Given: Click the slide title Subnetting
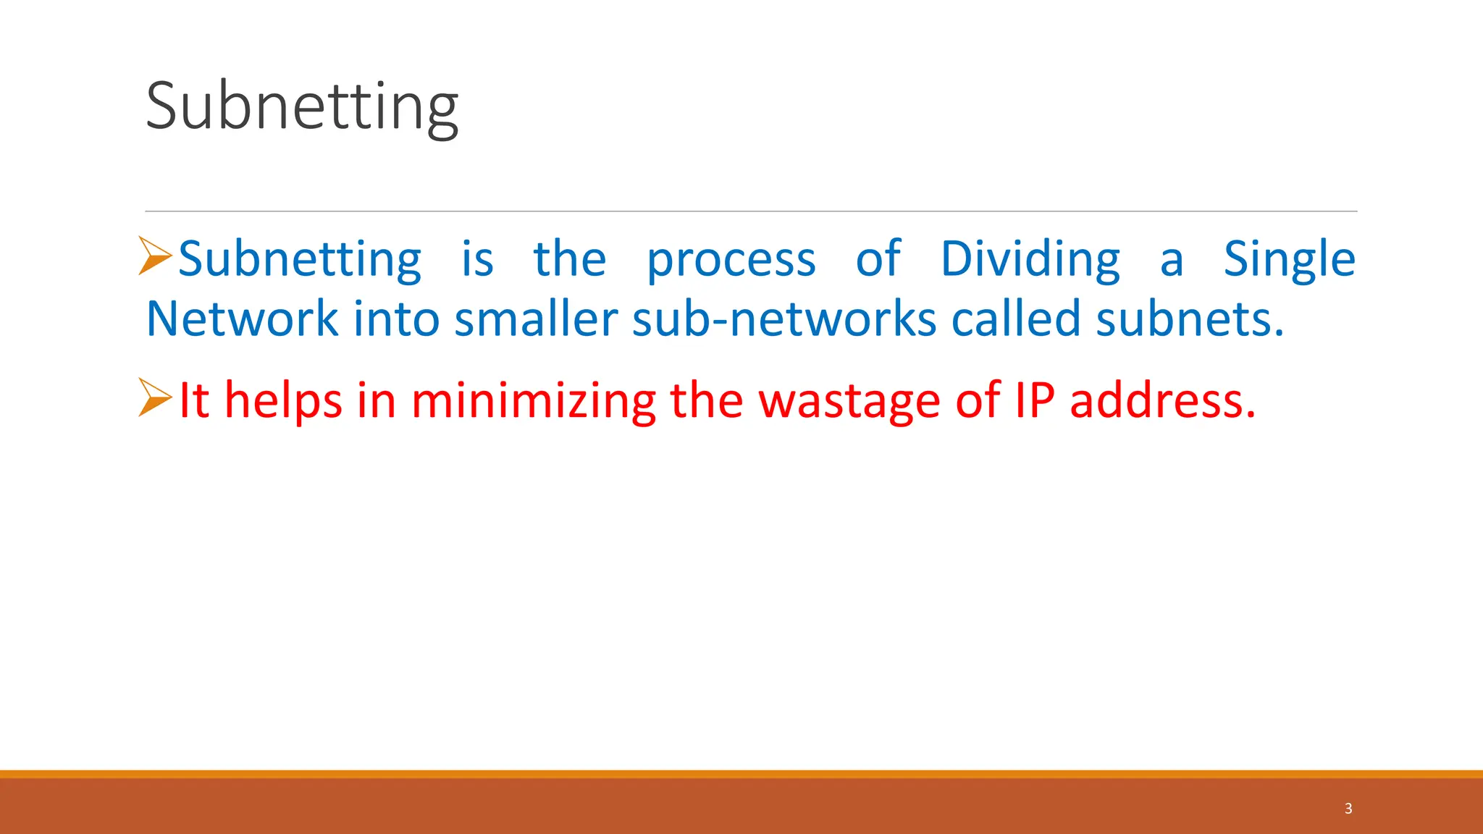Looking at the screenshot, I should point(302,106).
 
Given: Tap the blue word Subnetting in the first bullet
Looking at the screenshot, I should point(299,259).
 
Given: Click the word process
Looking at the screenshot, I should point(731,259).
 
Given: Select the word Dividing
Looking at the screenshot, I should point(1030,259).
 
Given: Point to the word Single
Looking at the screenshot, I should point(1289,259).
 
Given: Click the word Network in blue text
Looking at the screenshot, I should point(242,319).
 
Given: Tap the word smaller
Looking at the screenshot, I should point(536,319).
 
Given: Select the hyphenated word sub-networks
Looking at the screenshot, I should point(784,319).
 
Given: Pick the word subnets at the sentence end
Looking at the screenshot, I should point(1188,319).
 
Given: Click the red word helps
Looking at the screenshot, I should point(283,400).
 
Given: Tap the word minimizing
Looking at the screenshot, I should point(533,400).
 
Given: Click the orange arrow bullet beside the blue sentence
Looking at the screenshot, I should point(154,256).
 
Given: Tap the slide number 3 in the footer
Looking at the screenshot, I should point(1348,809).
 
